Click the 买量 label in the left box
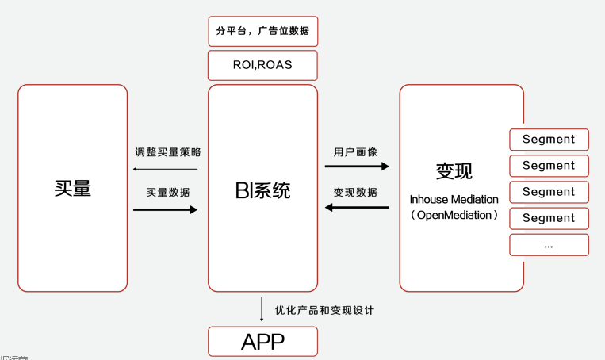[x=73, y=188]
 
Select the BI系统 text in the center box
[x=262, y=190]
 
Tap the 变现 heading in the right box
[x=454, y=171]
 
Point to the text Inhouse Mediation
[x=454, y=199]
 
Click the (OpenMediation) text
[x=454, y=215]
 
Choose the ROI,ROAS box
[x=262, y=65]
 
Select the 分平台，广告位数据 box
[x=262, y=32]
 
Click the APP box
[x=262, y=342]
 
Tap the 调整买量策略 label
[x=167, y=151]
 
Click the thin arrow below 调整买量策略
[x=165, y=169]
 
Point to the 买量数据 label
[x=167, y=192]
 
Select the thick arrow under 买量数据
[x=165, y=209]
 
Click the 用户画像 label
[x=355, y=151]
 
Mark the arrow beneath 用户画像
[x=357, y=167]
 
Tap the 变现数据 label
[x=355, y=192]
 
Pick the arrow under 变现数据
[x=357, y=208]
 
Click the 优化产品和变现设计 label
[x=324, y=310]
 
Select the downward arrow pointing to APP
[x=262, y=309]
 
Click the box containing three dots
[x=549, y=245]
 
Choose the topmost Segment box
[x=549, y=140]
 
